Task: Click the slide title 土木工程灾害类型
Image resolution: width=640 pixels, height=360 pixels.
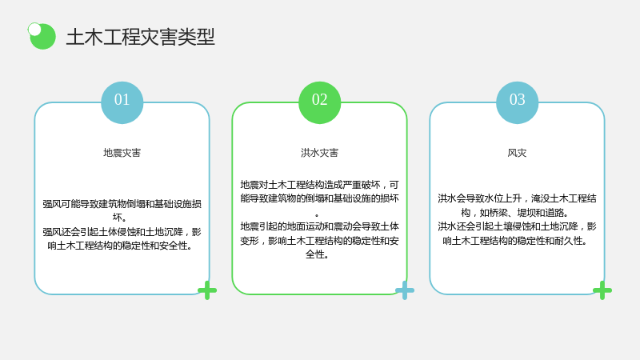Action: click(141, 37)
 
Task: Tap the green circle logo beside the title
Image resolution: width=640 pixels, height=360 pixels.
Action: click(43, 37)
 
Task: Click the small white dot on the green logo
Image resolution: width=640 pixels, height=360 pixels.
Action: click(34, 30)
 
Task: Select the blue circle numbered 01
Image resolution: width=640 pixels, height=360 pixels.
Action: click(122, 102)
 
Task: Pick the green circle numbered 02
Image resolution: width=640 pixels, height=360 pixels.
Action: click(319, 102)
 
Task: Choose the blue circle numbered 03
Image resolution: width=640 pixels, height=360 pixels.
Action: click(517, 102)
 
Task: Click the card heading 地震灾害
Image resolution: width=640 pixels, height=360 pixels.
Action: click(122, 153)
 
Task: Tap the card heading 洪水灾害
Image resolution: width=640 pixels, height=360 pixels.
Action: click(319, 153)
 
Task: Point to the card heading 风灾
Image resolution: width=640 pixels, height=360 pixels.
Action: click(517, 153)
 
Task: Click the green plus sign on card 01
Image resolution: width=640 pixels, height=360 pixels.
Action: click(207, 290)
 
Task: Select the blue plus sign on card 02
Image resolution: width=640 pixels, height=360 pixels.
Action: click(405, 290)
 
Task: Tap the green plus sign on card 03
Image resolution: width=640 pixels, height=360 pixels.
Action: click(602, 290)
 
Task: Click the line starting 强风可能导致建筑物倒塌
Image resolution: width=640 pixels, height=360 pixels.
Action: click(122, 204)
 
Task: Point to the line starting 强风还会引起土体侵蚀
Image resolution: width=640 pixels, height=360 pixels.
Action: click(122, 232)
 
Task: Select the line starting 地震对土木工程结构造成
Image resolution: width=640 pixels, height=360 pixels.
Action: click(319, 185)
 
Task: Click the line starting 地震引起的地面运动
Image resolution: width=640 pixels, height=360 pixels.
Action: click(319, 226)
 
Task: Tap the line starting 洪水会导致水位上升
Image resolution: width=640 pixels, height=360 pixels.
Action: click(517, 198)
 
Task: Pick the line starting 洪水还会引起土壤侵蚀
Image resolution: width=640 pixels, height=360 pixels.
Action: click(517, 226)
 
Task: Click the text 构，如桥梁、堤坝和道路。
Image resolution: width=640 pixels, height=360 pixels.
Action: click(515, 212)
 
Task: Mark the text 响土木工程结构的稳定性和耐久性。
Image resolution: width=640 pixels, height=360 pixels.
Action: click(515, 241)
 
